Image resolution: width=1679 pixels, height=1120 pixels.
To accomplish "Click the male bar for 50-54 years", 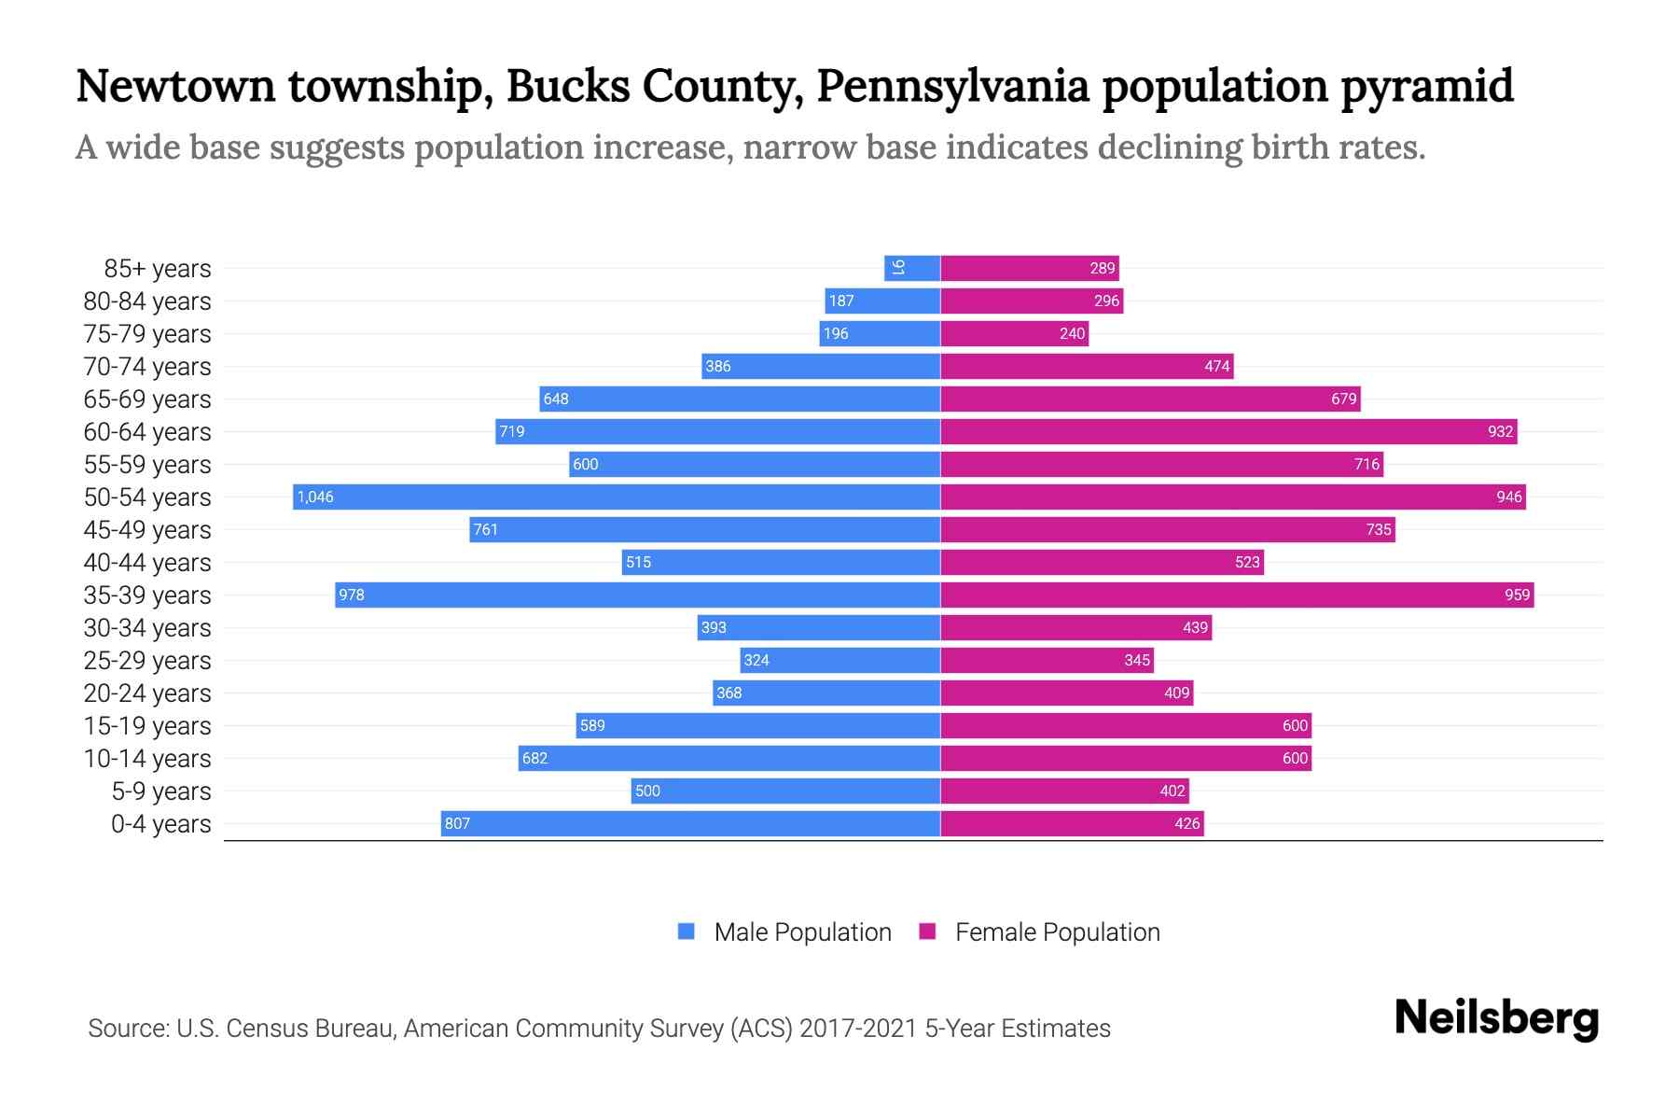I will [x=616, y=497].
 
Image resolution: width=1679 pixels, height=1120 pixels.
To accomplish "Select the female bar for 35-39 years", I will [x=1237, y=595].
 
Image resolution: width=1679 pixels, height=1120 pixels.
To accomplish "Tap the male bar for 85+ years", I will [x=912, y=268].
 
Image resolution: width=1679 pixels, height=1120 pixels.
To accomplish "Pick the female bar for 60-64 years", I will [x=1228, y=431].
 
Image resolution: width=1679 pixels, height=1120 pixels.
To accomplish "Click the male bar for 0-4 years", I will [x=690, y=823].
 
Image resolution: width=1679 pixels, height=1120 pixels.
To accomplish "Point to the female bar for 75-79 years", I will [x=1014, y=333].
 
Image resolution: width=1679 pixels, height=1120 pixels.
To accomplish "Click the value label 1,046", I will [x=315, y=497].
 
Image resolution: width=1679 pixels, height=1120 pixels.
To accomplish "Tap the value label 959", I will [x=1517, y=595].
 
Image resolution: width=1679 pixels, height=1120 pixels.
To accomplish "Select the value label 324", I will [x=756, y=660].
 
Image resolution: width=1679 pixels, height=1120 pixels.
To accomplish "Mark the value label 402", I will [x=1173, y=791].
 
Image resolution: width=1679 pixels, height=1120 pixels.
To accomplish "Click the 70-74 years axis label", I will [x=147, y=367].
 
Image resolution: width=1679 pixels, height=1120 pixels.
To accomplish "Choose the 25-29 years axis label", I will [x=147, y=661].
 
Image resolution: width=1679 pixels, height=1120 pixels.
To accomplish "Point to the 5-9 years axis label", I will [x=161, y=791].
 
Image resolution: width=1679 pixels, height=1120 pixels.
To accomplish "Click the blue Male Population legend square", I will [x=687, y=931].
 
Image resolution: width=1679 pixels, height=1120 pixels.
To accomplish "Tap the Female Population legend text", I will [x=1057, y=932].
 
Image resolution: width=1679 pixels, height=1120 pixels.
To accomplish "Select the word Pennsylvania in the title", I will [x=952, y=86].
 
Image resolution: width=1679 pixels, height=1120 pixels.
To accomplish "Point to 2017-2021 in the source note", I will [x=858, y=1029].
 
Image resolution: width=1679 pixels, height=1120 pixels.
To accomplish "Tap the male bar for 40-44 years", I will [x=781, y=562].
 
